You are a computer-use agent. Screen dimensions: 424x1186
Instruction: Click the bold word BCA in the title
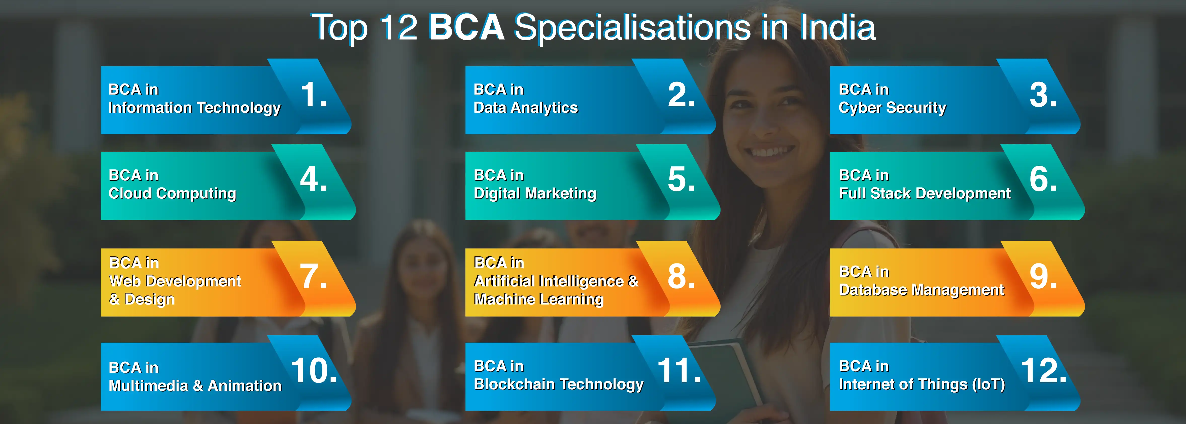coord(466,28)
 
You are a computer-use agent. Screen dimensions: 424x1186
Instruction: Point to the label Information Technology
coord(194,108)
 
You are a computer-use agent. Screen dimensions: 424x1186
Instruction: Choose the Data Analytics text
coord(526,108)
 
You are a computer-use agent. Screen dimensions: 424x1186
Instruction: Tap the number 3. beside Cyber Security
coord(1043,95)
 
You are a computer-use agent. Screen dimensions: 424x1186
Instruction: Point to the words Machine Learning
coord(538,299)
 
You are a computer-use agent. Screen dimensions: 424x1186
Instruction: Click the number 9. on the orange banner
coord(1043,277)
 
